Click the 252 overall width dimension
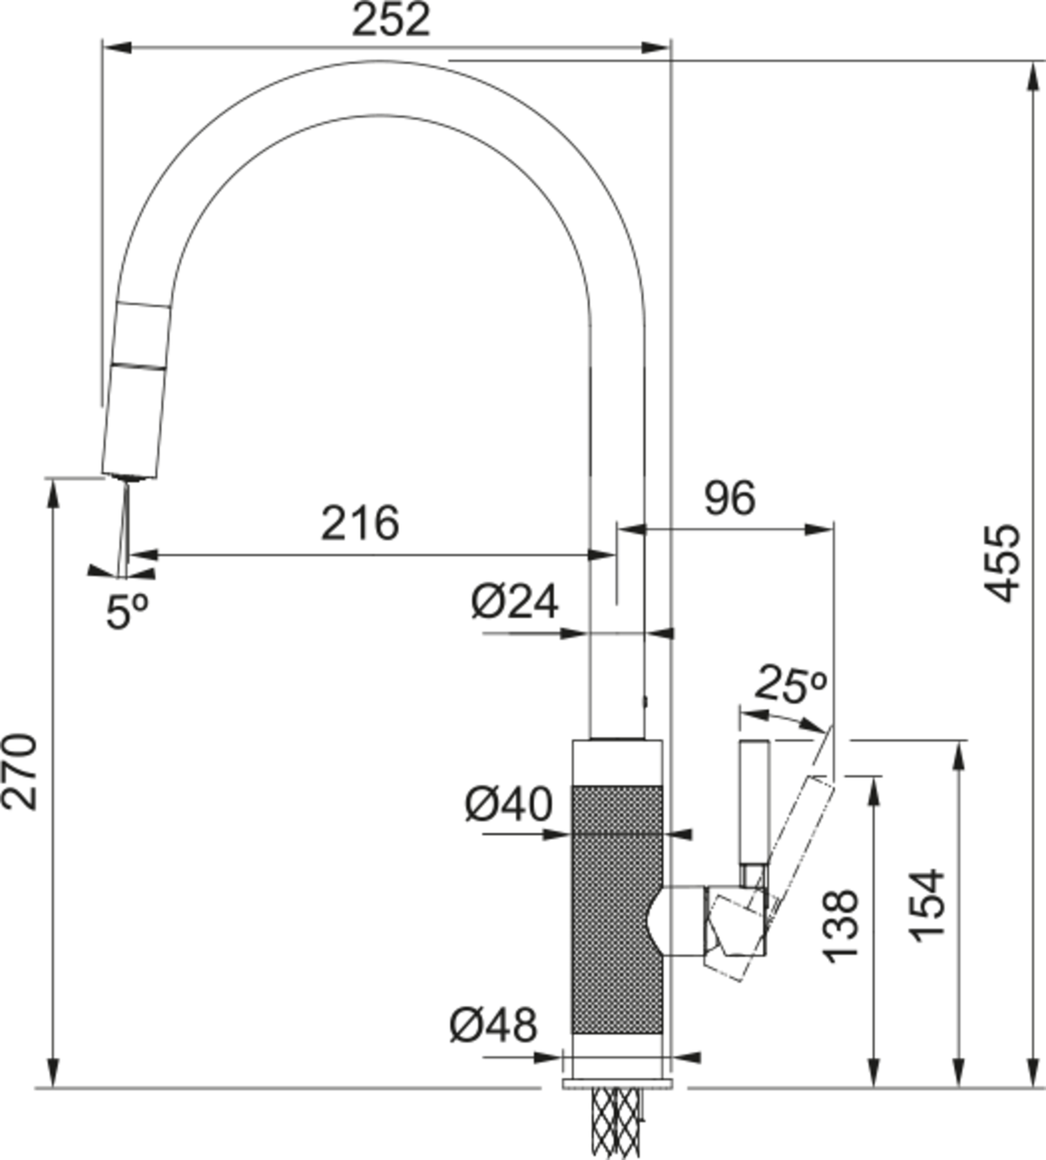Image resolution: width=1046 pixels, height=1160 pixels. [391, 20]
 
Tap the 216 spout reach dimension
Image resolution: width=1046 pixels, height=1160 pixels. [359, 523]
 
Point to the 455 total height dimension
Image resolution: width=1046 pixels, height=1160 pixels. [1002, 563]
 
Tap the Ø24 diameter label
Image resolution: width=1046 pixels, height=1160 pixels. [514, 602]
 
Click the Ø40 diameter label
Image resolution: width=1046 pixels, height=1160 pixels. [508, 804]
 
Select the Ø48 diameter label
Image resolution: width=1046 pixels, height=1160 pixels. [493, 1026]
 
